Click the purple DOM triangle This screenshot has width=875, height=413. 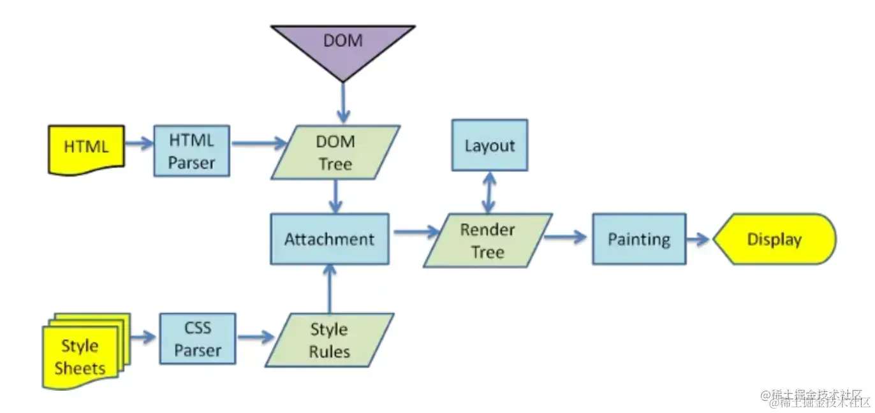click(343, 45)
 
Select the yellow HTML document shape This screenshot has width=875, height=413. click(86, 148)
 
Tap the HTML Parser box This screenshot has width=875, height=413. click(191, 151)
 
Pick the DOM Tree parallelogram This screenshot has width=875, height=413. click(335, 152)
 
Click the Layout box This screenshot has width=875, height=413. click(489, 145)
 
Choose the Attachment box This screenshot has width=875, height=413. click(329, 240)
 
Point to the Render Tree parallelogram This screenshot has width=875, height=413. click(488, 240)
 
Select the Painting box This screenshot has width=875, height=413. click(639, 240)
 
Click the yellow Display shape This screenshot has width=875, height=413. click(774, 240)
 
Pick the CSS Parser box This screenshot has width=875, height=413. click(197, 339)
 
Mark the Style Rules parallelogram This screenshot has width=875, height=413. click(329, 340)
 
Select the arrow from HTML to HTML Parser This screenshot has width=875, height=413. click(139, 143)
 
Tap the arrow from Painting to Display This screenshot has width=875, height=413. click(698, 240)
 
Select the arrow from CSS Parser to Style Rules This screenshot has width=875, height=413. click(256, 337)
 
